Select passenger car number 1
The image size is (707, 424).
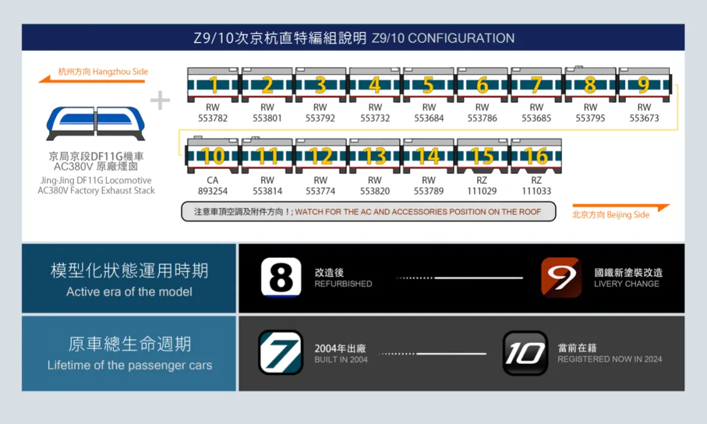[213, 85]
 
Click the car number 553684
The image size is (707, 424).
[429, 118]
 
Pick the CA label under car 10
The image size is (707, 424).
[213, 180]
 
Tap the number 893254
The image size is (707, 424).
[213, 191]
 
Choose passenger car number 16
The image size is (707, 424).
[536, 156]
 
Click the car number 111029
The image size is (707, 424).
[482, 191]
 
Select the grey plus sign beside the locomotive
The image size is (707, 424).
[160, 100]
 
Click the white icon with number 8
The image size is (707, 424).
[281, 277]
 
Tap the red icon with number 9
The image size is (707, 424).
[561, 277]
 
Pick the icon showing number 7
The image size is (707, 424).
[280, 353]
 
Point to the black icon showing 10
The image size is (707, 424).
[525, 353]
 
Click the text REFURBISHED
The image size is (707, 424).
[343, 284]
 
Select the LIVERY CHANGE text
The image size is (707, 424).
[626, 284]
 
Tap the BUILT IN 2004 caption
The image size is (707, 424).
[341, 359]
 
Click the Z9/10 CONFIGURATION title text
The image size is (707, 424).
[443, 38]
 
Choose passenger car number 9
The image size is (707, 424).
[644, 85]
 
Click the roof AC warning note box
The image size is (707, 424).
[368, 211]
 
